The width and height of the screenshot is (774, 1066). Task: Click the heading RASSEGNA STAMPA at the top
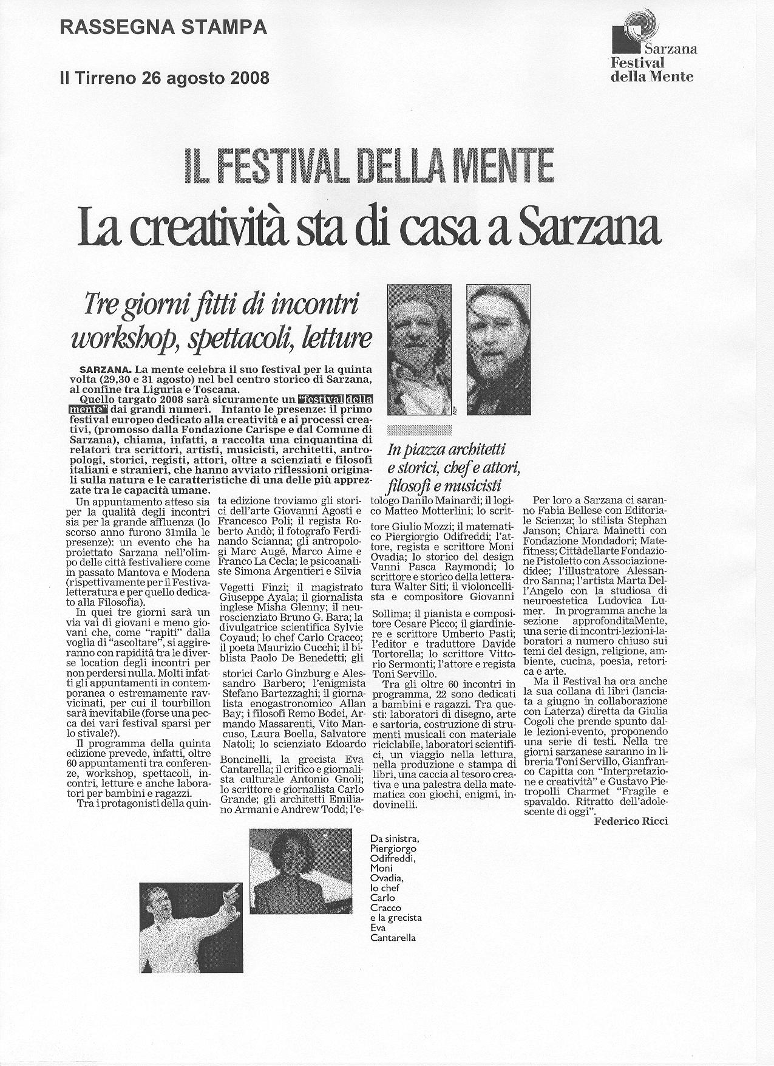click(x=163, y=27)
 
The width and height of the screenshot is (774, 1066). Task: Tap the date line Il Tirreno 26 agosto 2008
click(x=164, y=78)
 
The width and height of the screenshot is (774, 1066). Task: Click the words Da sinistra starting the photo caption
click(x=394, y=839)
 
